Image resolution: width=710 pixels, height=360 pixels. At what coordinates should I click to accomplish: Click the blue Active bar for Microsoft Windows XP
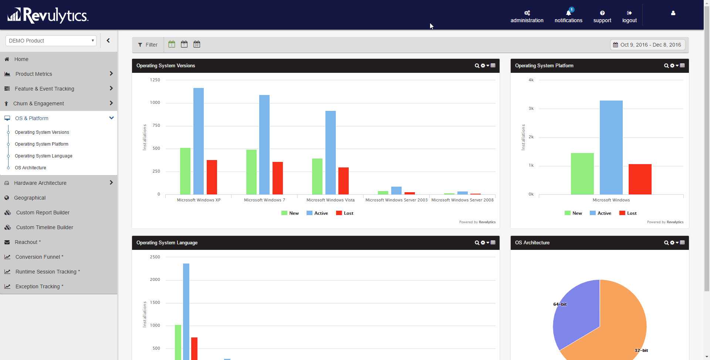(x=199, y=141)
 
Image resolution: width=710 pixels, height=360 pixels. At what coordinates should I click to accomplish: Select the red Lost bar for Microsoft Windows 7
(x=278, y=178)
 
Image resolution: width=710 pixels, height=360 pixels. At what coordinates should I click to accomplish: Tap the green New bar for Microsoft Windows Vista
(x=317, y=176)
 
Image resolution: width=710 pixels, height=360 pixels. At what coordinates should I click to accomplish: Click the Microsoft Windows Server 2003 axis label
(x=396, y=200)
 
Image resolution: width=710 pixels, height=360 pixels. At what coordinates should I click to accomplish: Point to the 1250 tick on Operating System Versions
(x=155, y=80)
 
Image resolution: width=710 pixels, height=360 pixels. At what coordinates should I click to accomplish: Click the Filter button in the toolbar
(x=148, y=45)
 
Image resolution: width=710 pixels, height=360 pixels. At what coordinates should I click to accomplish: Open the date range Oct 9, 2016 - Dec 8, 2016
(x=647, y=45)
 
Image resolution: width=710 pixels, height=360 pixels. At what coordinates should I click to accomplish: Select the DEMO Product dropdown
(x=51, y=41)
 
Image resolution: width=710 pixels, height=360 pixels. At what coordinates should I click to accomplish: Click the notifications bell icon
(x=568, y=13)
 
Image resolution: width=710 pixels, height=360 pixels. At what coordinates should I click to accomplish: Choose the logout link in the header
(x=629, y=17)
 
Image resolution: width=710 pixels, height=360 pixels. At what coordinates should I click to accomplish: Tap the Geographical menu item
(x=30, y=198)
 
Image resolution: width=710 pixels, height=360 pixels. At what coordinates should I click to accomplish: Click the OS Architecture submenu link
(x=30, y=168)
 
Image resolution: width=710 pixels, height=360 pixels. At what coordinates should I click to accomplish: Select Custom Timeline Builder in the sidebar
(x=44, y=227)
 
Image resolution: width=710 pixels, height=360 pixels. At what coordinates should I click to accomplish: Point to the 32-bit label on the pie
(x=641, y=350)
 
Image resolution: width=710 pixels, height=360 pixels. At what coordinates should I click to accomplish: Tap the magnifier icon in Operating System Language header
(x=477, y=243)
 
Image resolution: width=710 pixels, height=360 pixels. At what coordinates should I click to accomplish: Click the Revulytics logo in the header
(x=48, y=15)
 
